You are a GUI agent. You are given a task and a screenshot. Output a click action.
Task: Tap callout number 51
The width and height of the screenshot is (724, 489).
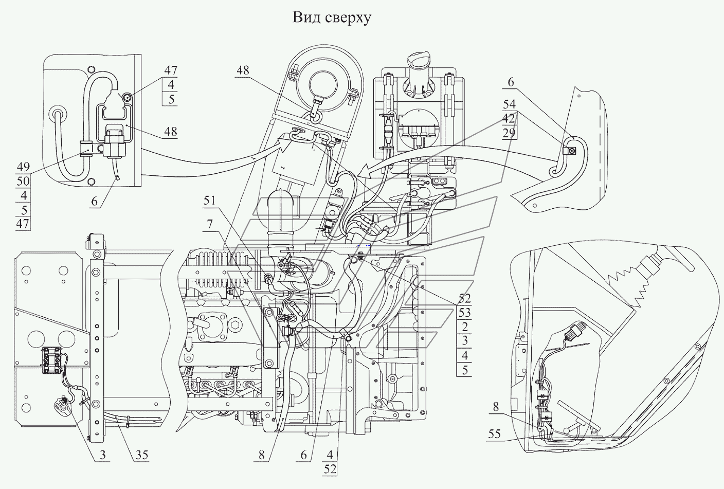(x=209, y=201)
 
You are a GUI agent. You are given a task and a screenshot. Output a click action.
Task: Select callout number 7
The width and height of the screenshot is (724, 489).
(x=210, y=224)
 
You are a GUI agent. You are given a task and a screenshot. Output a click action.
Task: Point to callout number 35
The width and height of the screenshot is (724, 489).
(x=142, y=455)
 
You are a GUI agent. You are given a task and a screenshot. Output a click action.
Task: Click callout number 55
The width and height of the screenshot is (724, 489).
(x=494, y=434)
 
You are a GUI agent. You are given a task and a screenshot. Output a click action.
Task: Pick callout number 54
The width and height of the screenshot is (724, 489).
(x=510, y=104)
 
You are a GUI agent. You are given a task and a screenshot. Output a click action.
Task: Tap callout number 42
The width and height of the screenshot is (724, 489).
(x=509, y=119)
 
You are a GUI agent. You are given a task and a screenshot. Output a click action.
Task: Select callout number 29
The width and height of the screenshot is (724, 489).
(x=510, y=133)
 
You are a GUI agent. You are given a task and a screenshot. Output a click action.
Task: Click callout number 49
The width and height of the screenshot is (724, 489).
(x=23, y=167)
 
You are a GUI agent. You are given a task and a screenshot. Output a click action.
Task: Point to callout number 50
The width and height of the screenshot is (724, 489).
(x=23, y=181)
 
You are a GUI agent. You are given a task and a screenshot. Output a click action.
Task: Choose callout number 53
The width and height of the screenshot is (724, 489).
(x=464, y=313)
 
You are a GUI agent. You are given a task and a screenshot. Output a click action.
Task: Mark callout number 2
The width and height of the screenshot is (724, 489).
(x=465, y=327)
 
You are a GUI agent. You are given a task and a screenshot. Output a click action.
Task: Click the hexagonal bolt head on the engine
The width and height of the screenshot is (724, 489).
(x=237, y=325)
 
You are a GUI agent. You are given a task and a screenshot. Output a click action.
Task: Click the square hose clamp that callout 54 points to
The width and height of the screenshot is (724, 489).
(x=571, y=151)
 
